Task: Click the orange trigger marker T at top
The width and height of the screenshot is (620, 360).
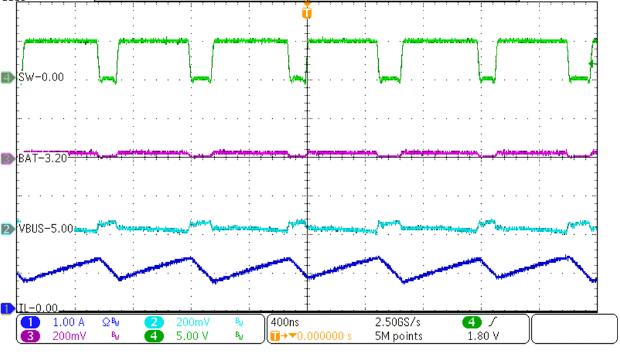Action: pyautogui.click(x=306, y=13)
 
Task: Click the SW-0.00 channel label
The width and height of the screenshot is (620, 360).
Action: pyautogui.click(x=42, y=77)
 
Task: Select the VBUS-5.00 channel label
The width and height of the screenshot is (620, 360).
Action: pyautogui.click(x=46, y=229)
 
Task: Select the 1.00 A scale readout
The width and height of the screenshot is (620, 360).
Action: pyautogui.click(x=69, y=323)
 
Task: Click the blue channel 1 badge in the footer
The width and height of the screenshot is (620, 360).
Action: pyautogui.click(x=31, y=323)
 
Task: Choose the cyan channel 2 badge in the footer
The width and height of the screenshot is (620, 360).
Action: pyautogui.click(x=156, y=323)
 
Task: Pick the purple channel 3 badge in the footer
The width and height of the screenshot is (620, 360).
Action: pyautogui.click(x=31, y=336)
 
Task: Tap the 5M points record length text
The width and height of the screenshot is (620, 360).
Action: pyautogui.click(x=399, y=336)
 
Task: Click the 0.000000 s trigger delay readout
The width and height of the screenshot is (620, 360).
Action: pyautogui.click(x=324, y=336)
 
